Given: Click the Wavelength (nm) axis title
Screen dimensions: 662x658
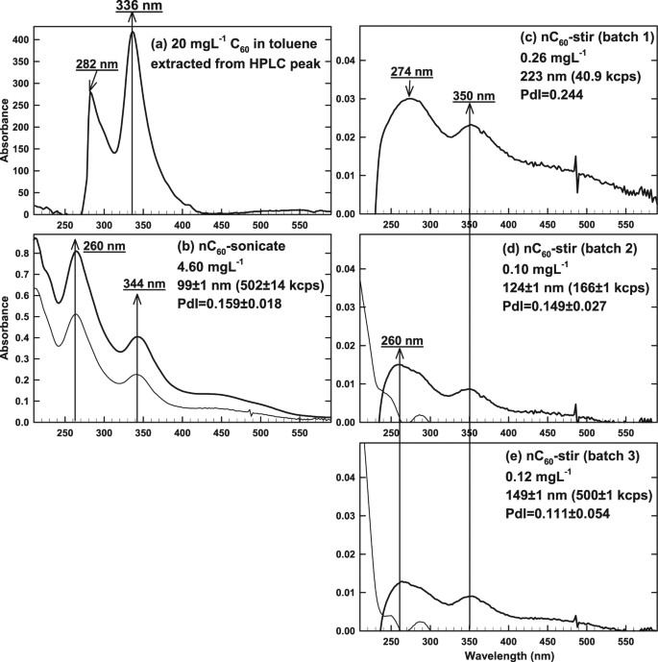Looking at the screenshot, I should click(x=509, y=653).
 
